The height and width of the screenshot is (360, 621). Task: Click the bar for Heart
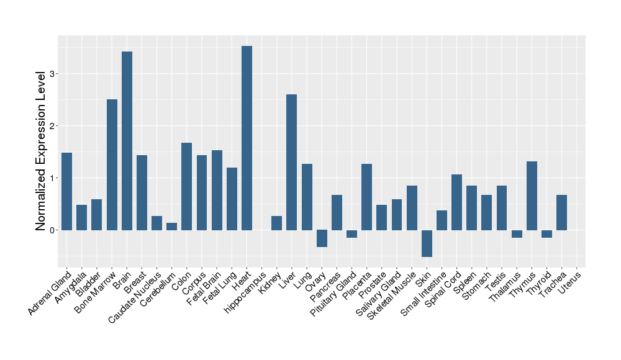click(247, 138)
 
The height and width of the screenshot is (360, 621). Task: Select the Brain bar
click(127, 141)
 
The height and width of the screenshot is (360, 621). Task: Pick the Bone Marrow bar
click(112, 164)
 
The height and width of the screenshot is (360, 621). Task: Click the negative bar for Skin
click(427, 243)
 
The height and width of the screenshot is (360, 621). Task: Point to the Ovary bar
click(322, 238)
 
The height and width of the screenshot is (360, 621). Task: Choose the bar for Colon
click(186, 186)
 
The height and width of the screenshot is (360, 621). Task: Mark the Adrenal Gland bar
click(66, 191)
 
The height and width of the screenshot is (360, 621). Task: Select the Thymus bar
click(532, 196)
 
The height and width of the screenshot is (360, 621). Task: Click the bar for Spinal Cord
click(456, 202)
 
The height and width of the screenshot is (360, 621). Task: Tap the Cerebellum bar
click(171, 226)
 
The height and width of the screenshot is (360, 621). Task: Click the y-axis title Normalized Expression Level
click(41, 151)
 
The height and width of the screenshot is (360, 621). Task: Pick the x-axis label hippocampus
click(247, 289)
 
